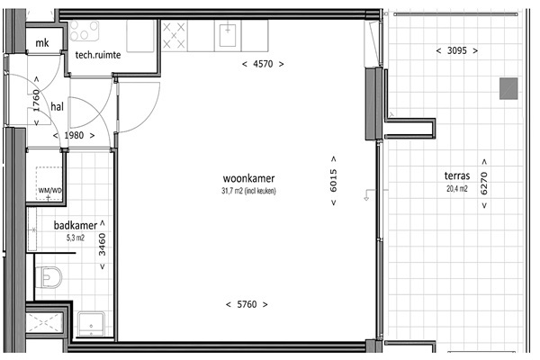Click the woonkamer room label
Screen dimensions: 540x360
[x=248, y=178]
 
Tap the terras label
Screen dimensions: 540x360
[x=457, y=175]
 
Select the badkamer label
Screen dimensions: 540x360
[x=75, y=225]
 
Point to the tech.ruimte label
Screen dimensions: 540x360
[x=98, y=55]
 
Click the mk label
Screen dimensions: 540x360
[x=42, y=43]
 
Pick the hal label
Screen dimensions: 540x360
[x=58, y=106]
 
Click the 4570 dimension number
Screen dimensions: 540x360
[x=263, y=64]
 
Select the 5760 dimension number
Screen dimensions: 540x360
[x=247, y=304]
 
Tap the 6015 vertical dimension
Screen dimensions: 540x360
[x=333, y=181]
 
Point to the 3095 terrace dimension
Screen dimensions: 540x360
[x=457, y=50]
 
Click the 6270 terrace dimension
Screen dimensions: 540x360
[x=484, y=184]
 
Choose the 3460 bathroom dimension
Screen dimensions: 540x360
[x=103, y=245]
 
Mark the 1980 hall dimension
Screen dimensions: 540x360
[x=74, y=135]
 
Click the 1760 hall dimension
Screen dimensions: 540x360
[x=37, y=100]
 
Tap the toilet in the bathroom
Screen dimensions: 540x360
[x=49, y=277]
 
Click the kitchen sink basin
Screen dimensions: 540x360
[x=228, y=35]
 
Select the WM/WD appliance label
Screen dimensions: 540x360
[x=50, y=190]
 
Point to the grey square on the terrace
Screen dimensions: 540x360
[x=508, y=88]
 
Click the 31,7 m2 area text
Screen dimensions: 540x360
[x=248, y=191]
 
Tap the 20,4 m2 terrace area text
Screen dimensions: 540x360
[x=457, y=188]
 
